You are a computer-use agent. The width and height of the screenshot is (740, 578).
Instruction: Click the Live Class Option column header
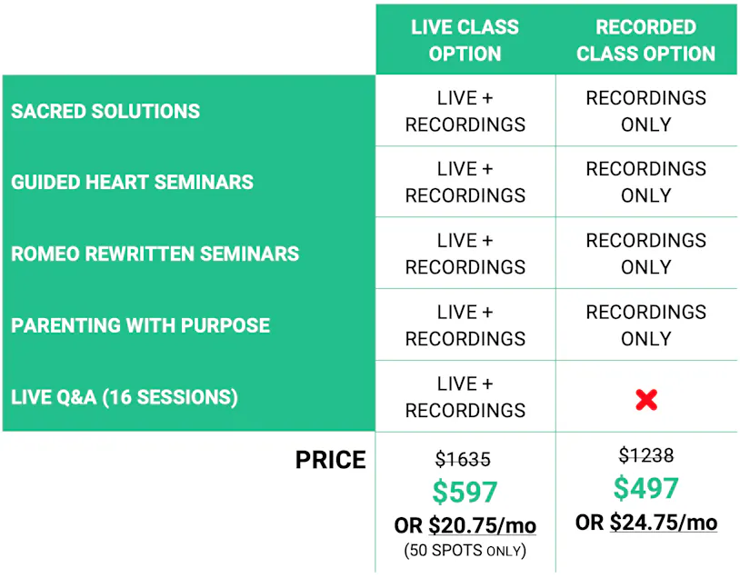465,40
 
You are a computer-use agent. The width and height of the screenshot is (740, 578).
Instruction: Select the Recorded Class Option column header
645,40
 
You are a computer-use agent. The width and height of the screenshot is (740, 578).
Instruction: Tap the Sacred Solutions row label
105,112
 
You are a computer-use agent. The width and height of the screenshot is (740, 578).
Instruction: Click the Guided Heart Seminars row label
132,182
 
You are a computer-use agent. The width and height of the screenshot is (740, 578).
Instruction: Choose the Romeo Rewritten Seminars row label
155,254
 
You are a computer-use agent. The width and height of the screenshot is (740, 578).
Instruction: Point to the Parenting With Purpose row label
140,325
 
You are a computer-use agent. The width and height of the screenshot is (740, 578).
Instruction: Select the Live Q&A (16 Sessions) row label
125,397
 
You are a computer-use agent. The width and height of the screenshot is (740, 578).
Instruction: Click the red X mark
646,400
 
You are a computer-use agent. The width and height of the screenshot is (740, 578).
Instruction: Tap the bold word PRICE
330,460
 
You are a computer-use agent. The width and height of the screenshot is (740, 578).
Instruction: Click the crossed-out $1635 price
463,459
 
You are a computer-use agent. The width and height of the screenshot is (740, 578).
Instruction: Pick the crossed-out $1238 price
646,455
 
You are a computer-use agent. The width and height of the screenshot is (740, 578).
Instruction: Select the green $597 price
465,492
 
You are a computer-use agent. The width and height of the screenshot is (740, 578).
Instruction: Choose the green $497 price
646,488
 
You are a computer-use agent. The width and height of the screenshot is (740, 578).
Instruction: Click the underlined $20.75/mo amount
483,525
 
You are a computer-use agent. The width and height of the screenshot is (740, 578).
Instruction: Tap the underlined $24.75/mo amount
664,523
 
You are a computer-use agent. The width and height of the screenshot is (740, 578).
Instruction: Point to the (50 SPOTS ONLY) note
465,551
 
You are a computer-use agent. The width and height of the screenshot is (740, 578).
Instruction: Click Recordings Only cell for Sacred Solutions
646,112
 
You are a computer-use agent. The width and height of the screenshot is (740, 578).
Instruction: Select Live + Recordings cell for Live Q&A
465,397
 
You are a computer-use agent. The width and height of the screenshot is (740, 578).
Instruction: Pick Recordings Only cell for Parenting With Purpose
646,325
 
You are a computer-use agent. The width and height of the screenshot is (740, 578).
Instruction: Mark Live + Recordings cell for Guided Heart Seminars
465,182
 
